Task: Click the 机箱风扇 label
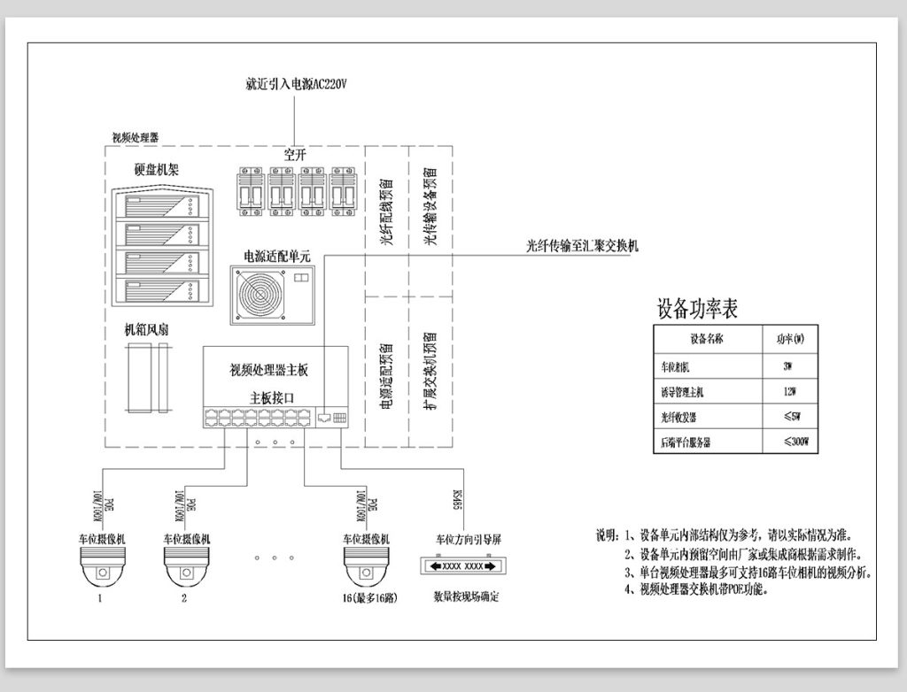tap(147, 330)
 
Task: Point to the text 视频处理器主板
tap(268, 370)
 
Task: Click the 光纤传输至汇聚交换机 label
tap(581, 247)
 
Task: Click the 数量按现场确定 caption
tap(465, 596)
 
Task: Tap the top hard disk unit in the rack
tap(160, 209)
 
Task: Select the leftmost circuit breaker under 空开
tap(250, 189)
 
